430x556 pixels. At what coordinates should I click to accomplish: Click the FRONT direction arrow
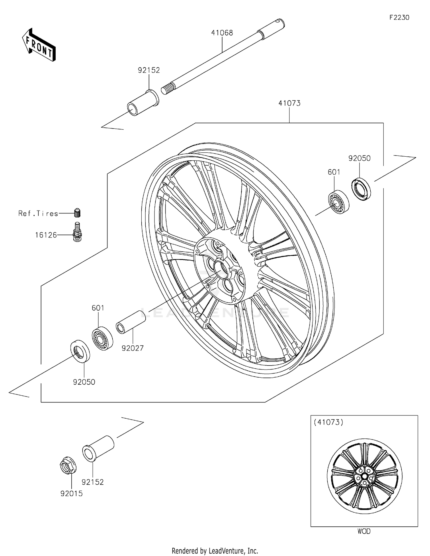coord(39,45)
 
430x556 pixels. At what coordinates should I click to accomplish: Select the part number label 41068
coord(222,33)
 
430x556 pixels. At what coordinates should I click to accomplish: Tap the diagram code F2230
coord(399,18)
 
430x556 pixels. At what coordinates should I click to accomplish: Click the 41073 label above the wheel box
coord(289,103)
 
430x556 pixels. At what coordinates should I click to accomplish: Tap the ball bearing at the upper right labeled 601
coord(338,202)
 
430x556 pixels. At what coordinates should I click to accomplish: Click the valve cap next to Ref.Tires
coord(77,213)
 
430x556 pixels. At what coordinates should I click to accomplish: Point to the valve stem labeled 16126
coord(77,232)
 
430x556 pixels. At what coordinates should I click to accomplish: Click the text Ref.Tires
coord(38,213)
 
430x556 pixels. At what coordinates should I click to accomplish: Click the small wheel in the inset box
coord(364,476)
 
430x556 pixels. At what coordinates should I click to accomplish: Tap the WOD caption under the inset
coord(364,531)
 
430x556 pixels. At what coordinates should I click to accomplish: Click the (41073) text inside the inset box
coord(328,422)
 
